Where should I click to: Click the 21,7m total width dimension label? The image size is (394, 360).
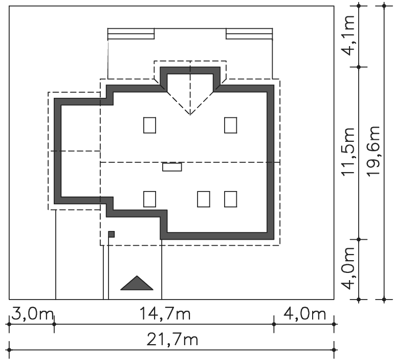172,340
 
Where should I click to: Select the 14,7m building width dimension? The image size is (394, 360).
165,314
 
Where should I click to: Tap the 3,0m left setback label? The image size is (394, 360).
32,314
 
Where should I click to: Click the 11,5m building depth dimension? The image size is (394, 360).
348,151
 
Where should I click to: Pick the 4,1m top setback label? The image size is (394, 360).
348,35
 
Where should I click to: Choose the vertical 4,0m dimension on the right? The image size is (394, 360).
348,268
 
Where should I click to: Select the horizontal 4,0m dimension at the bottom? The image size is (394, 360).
304,314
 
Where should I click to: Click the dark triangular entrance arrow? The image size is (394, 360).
137,283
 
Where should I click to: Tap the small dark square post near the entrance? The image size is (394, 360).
112,235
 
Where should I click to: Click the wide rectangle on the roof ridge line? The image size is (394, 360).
172,167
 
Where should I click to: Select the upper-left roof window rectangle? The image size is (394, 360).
149,125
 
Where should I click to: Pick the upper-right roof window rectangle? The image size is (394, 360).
230,125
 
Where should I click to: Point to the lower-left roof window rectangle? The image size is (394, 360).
149,199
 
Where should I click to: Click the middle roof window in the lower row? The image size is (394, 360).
204,199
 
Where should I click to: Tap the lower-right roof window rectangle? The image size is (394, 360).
230,199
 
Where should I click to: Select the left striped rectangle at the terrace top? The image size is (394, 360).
131,34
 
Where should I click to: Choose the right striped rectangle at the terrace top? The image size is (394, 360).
249,34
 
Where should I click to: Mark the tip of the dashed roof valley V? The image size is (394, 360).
190,115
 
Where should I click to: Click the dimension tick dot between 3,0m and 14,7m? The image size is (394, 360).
54,324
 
